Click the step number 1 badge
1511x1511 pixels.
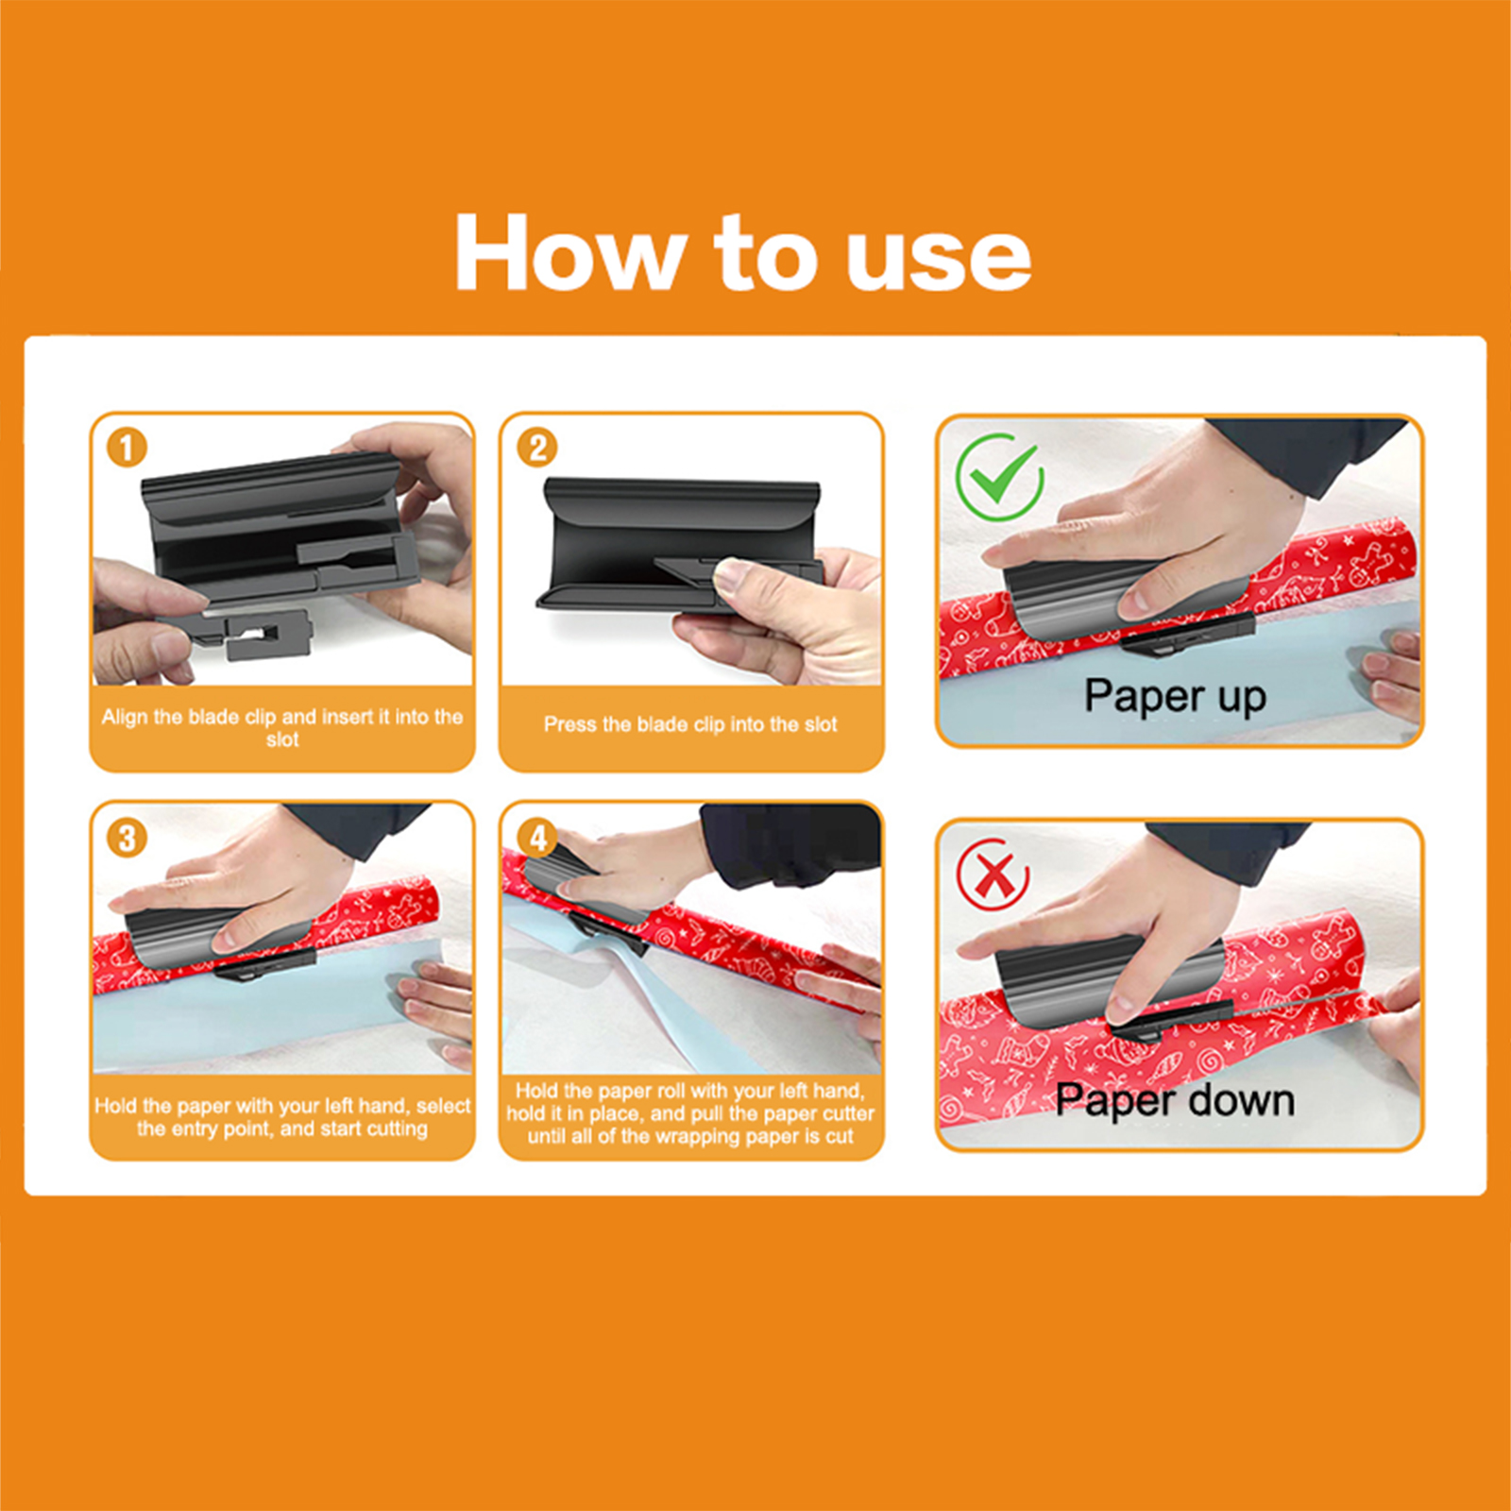tap(127, 447)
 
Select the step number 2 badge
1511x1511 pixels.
tap(536, 447)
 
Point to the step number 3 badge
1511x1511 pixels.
tap(127, 838)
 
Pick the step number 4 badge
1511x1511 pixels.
tap(536, 838)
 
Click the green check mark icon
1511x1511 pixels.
tap(999, 477)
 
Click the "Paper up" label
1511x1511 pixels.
tap(1175, 697)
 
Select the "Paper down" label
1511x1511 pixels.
tap(1175, 1101)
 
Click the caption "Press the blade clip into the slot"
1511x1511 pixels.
tap(690, 724)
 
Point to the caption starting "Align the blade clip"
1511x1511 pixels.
tap(282, 727)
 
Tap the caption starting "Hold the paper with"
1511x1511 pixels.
tap(282, 1117)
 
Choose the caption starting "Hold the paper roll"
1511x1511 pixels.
tap(690, 1113)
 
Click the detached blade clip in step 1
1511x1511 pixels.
tap(253, 633)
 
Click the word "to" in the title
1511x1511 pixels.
tap(765, 253)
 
